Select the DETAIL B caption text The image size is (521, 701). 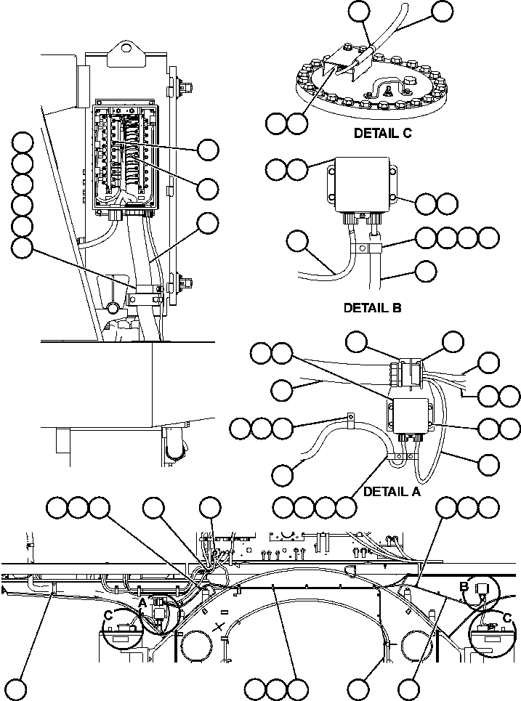[372, 307]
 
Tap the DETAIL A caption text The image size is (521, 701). [392, 492]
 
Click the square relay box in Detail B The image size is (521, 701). [361, 184]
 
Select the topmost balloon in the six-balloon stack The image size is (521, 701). [23, 143]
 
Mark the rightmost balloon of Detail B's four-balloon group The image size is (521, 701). [490, 238]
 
